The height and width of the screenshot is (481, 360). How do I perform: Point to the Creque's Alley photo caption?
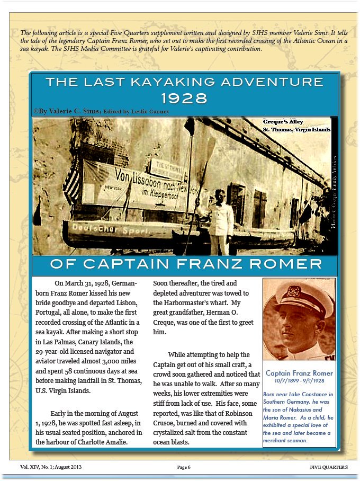point(296,126)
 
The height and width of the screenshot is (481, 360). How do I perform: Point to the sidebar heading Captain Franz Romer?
point(299,373)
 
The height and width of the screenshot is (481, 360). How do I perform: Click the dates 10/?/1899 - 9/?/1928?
point(299,381)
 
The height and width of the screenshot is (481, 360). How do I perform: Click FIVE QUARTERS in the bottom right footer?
point(329,467)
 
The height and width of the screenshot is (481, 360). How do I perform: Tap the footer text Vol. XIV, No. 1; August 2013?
point(51,467)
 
